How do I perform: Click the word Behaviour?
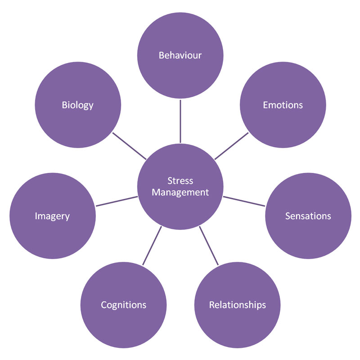pyautogui.click(x=180, y=55)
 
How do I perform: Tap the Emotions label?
pyautogui.click(x=283, y=105)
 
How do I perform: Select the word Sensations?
pyautogui.click(x=308, y=216)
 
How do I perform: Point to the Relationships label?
pyautogui.click(x=237, y=305)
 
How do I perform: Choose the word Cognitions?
pyautogui.click(x=123, y=305)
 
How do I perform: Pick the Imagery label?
pyautogui.click(x=52, y=216)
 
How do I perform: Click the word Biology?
pyautogui.click(x=77, y=105)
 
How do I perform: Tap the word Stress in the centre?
pyautogui.click(x=180, y=181)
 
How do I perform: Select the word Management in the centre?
pyautogui.click(x=180, y=192)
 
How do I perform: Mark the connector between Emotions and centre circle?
pyautogui.click(x=231, y=145)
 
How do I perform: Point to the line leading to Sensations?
pyautogui.click(x=244, y=201)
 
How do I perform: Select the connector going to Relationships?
pyautogui.click(x=209, y=246)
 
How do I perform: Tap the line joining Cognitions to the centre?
pyautogui.click(x=152, y=246)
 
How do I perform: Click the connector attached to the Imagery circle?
pyautogui.click(x=117, y=201)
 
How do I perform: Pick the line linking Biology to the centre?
pyautogui.click(x=129, y=146)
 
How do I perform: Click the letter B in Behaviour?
pyautogui.click(x=161, y=55)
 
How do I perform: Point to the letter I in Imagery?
pyautogui.click(x=36, y=216)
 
